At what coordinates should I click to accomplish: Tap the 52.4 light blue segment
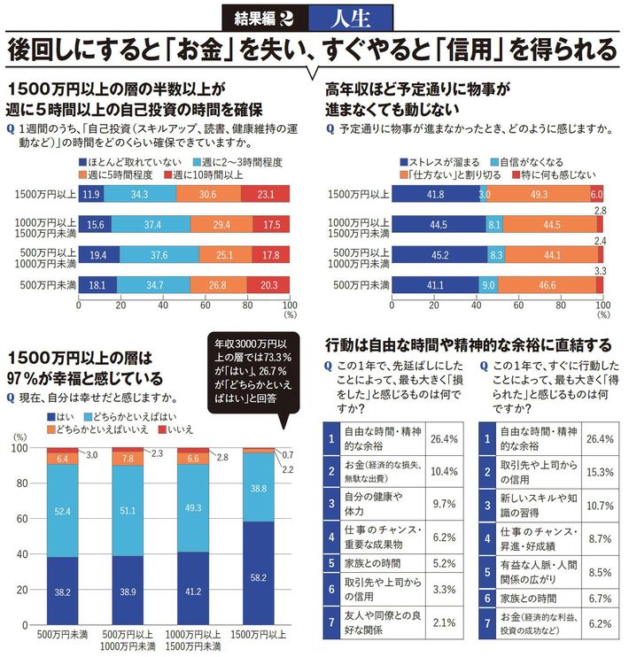tap(62, 511)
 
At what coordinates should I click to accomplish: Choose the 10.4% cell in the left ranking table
tap(442, 472)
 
